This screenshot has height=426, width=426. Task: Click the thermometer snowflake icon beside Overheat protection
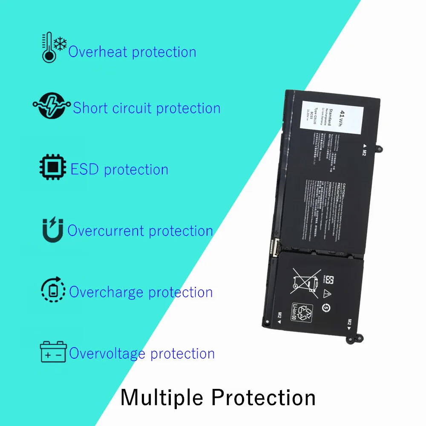click(54, 47)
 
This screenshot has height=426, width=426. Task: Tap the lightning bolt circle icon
click(51, 106)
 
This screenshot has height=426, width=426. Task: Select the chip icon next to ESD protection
click(53, 167)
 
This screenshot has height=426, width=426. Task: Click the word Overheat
click(98, 52)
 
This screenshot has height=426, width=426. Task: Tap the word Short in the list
click(90, 108)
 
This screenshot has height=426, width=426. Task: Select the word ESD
click(85, 170)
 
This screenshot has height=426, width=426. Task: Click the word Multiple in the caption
click(163, 397)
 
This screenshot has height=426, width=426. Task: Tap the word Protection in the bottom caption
click(264, 397)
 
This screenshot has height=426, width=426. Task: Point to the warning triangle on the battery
click(327, 293)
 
